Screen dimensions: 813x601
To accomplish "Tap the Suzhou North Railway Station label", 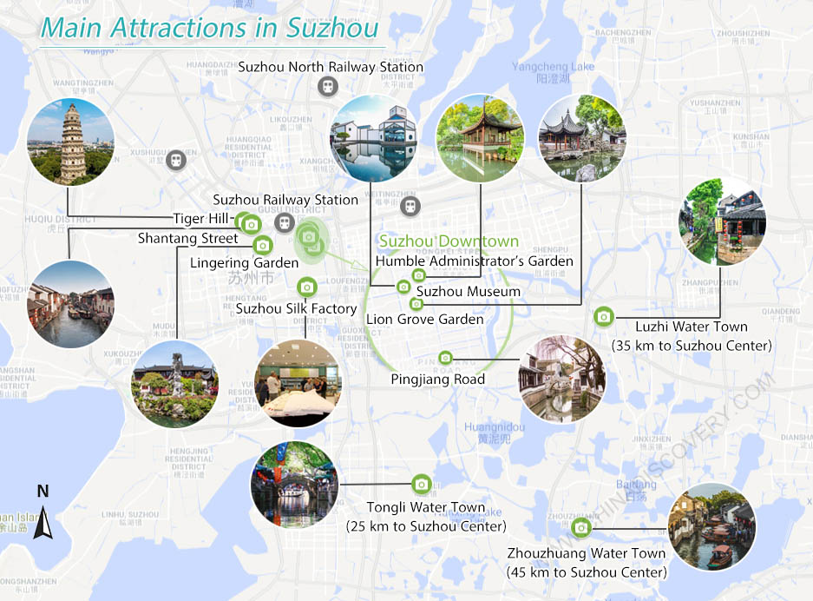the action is point(331,66).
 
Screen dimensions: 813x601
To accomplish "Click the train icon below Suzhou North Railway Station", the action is point(327,86).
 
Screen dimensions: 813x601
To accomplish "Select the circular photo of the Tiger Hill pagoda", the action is point(70,142).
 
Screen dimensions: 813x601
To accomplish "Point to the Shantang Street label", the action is point(187,238).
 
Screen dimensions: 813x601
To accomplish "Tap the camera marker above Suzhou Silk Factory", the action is point(306,287).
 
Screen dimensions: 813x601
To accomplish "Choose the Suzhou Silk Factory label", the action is point(296,308).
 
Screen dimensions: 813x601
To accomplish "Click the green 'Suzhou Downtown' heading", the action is point(449,241).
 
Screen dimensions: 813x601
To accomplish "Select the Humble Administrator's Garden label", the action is point(474,261).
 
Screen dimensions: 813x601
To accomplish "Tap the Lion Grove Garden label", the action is point(424,320).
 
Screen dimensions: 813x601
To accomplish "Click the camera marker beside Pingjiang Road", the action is point(445,358).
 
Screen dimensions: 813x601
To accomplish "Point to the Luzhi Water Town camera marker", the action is point(603,317).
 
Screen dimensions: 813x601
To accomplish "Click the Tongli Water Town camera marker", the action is point(421,485).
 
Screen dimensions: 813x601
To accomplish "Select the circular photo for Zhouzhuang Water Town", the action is point(711,526).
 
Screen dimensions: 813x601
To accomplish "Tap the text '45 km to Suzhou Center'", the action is point(587,572).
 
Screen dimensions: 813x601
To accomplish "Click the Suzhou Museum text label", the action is point(469,292).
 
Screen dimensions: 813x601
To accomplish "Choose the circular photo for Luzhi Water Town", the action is point(722,221).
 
